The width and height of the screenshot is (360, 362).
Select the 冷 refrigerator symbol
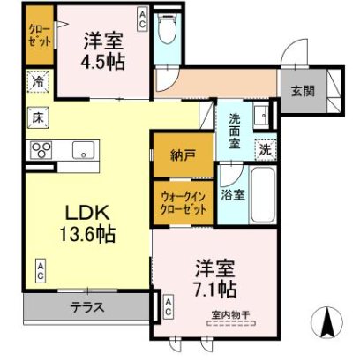coord(39,81)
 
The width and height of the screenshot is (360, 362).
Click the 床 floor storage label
coord(39,116)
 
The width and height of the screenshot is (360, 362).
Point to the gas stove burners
coord(41,151)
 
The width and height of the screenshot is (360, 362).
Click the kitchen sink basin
coord(82,149)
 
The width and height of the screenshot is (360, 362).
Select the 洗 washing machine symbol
coord(265,150)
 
